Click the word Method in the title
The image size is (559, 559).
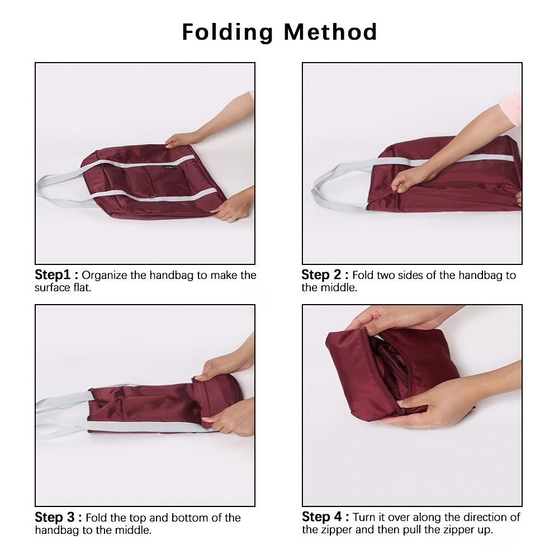coord(330,32)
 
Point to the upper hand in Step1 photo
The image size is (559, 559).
coord(182,140)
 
